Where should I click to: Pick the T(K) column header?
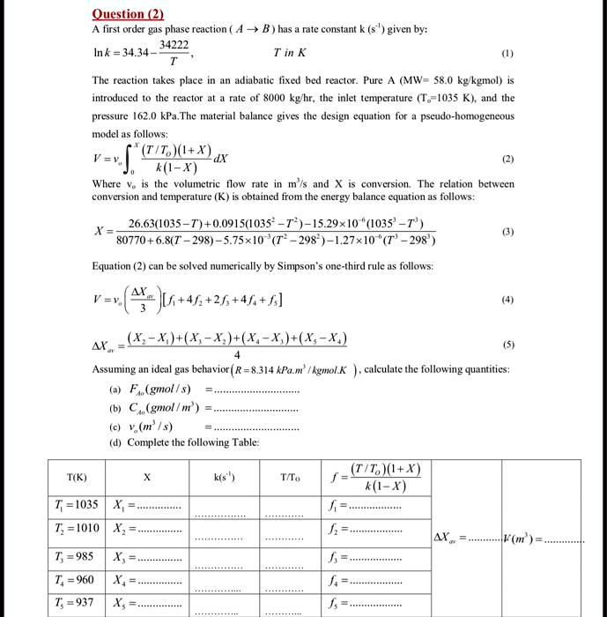[x=77, y=477]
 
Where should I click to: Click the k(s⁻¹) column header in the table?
[x=221, y=477]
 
